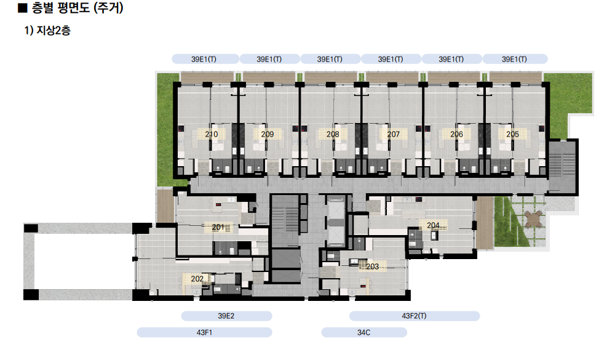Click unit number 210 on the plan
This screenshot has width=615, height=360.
pos(212,134)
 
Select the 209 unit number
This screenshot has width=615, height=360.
pos(268,134)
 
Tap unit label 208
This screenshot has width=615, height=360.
pos(333,134)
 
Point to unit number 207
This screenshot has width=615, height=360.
pos(394,134)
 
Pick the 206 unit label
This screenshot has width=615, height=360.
pos(456,134)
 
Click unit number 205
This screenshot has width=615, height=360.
pos(513,134)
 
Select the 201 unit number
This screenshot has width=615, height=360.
pos(218,227)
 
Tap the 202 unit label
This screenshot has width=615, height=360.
pos(197,279)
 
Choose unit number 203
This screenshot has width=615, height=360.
pos(373,266)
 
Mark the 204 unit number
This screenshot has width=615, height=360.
pos(433,225)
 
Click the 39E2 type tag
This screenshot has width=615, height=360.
pos(226,316)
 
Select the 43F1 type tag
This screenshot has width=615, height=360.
pos(204,332)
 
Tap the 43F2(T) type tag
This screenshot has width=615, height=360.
pos(414,316)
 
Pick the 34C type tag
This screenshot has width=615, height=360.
pos(364,332)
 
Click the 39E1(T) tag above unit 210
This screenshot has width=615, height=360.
pos(204,59)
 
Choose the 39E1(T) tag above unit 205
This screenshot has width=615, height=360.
pos(515,59)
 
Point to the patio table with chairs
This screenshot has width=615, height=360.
pos(533,218)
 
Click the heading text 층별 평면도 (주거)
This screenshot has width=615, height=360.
pos(77,7)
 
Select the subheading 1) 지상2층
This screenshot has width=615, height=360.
pos(47,31)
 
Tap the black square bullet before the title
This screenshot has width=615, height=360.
pos(23,7)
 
